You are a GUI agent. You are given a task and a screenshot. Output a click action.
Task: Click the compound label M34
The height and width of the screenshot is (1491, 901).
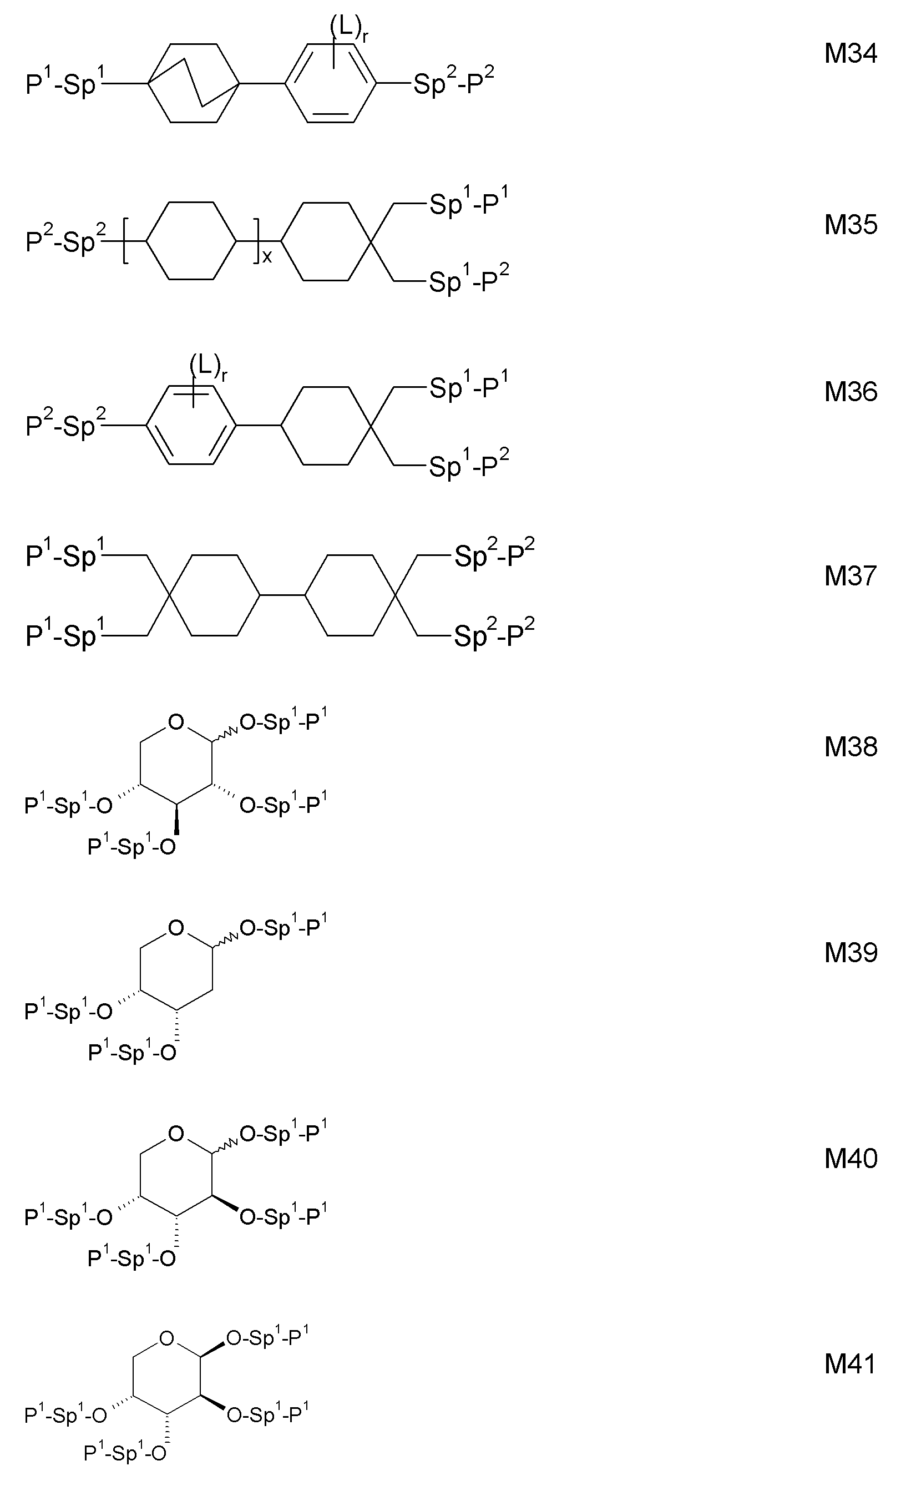[x=850, y=53]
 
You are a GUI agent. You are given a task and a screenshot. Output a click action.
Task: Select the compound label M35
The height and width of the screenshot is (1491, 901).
[x=850, y=225]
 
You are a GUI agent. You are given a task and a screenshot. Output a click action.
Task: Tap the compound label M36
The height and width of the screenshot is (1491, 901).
[x=850, y=392]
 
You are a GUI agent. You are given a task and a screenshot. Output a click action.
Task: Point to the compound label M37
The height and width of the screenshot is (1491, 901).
[x=850, y=575]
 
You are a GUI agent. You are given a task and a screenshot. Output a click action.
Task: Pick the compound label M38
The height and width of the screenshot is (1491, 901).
[x=850, y=747]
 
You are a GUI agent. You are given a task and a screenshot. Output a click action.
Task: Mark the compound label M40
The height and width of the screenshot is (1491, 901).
[x=850, y=1159]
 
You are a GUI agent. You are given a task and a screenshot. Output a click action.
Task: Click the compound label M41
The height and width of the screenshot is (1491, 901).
[x=850, y=1364]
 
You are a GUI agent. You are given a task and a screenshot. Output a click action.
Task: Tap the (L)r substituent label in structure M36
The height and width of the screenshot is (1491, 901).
[x=207, y=368]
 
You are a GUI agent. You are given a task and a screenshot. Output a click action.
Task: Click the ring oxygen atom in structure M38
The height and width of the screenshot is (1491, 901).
[x=176, y=722]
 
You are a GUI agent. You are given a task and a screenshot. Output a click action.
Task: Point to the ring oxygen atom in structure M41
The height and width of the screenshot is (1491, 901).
[x=167, y=1338]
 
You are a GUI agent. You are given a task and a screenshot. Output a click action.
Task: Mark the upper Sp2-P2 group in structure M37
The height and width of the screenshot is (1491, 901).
[x=494, y=553]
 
